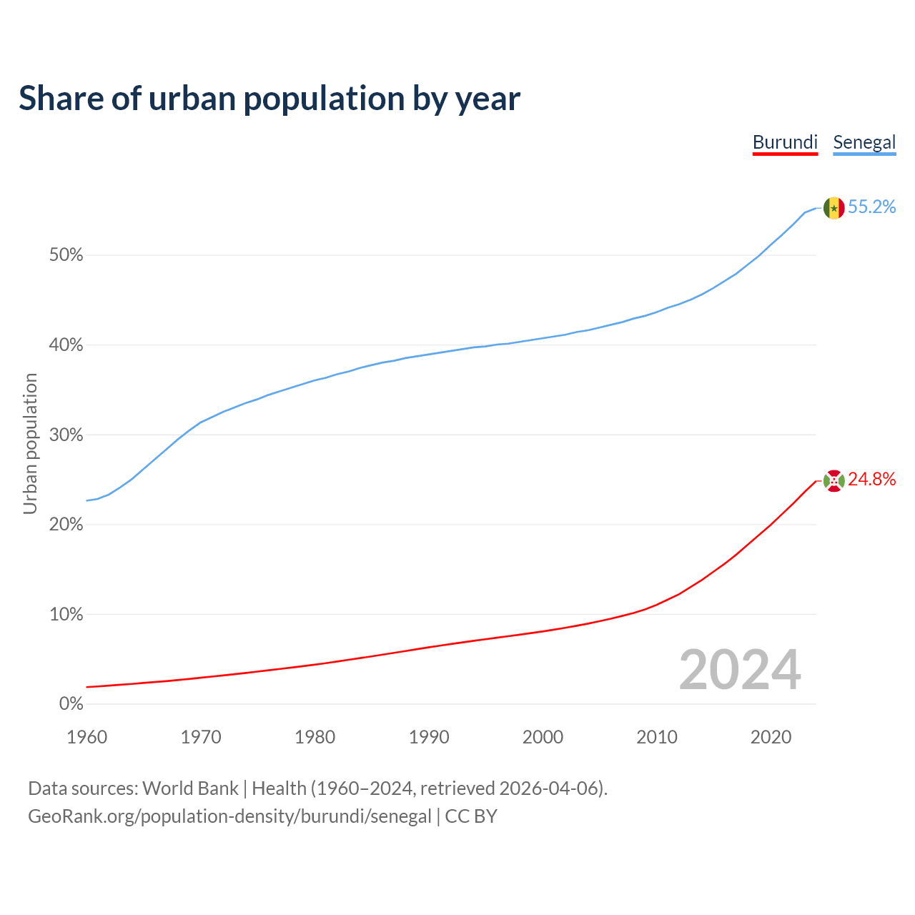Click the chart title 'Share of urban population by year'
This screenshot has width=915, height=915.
[x=269, y=99]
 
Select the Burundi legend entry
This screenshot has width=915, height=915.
[x=785, y=142]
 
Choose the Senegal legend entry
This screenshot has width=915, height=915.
[x=864, y=142]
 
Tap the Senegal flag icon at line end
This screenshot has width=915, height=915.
[x=834, y=208]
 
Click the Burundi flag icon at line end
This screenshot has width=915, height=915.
[x=834, y=481]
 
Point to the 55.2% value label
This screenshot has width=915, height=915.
[x=871, y=207]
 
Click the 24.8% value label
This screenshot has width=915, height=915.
[x=871, y=480]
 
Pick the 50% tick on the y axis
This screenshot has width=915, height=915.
[x=66, y=255]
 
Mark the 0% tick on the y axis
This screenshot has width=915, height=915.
[x=71, y=704]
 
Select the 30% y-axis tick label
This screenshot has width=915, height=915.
[x=66, y=435]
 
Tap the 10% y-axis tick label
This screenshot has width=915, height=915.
[x=66, y=615]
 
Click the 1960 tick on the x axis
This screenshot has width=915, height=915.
[x=87, y=737]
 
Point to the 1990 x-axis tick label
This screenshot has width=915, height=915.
[x=429, y=737]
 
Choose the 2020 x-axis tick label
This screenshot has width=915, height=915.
[x=771, y=737]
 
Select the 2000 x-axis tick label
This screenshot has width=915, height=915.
[x=543, y=737]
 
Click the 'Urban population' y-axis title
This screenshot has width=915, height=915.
[x=30, y=443]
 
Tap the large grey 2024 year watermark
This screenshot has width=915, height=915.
[x=740, y=670]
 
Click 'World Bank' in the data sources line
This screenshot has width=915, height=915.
[x=190, y=788]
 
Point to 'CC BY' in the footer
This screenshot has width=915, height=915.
[x=471, y=816]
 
